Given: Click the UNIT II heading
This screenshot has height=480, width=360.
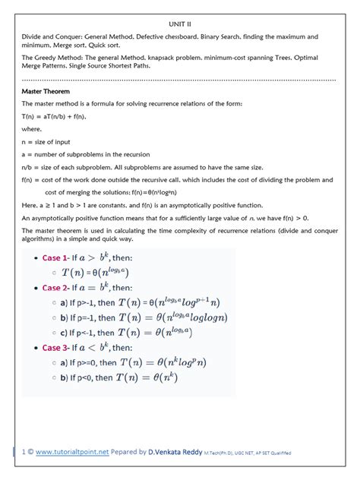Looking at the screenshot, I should coord(179,24).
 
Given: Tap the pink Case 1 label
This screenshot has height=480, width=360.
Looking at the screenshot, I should coord(55,258).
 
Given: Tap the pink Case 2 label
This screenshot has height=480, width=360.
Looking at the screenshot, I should coord(55,287).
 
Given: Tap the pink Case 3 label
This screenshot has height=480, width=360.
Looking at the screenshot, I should coord(55,347).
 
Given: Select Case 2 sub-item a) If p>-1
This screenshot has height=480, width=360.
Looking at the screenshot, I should coord(90,302).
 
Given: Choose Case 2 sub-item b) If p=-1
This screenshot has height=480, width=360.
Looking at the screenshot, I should coord(90,317).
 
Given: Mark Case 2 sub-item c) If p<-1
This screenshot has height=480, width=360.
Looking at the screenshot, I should coord(90,333).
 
